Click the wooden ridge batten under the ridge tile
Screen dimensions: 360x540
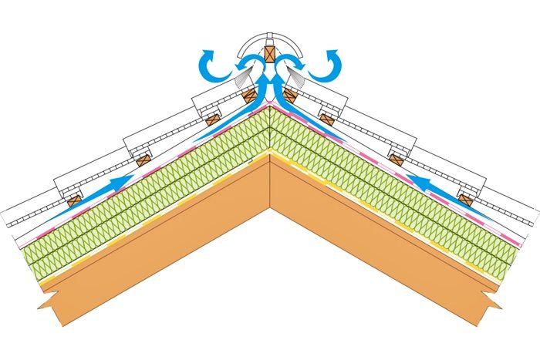269,55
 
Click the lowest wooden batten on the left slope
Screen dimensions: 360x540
73,200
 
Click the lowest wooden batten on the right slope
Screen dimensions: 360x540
465,199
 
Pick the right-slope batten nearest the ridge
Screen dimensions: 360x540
290,96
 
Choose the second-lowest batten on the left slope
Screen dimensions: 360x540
142,160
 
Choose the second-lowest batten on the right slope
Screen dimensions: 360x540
397,160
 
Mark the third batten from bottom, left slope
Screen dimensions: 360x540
210,120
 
